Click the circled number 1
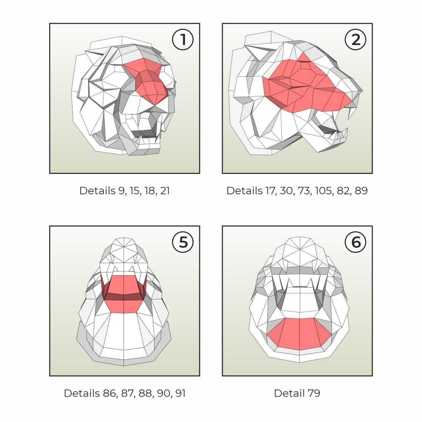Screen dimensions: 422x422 183,40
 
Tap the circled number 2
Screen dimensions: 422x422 355,40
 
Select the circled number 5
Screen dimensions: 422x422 183,242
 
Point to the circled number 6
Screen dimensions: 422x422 355,242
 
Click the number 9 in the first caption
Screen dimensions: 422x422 122,191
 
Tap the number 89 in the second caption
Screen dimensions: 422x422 361,191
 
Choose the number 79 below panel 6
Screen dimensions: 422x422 314,393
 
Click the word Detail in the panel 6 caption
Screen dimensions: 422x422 289,393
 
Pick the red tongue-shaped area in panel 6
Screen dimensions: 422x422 299,334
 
